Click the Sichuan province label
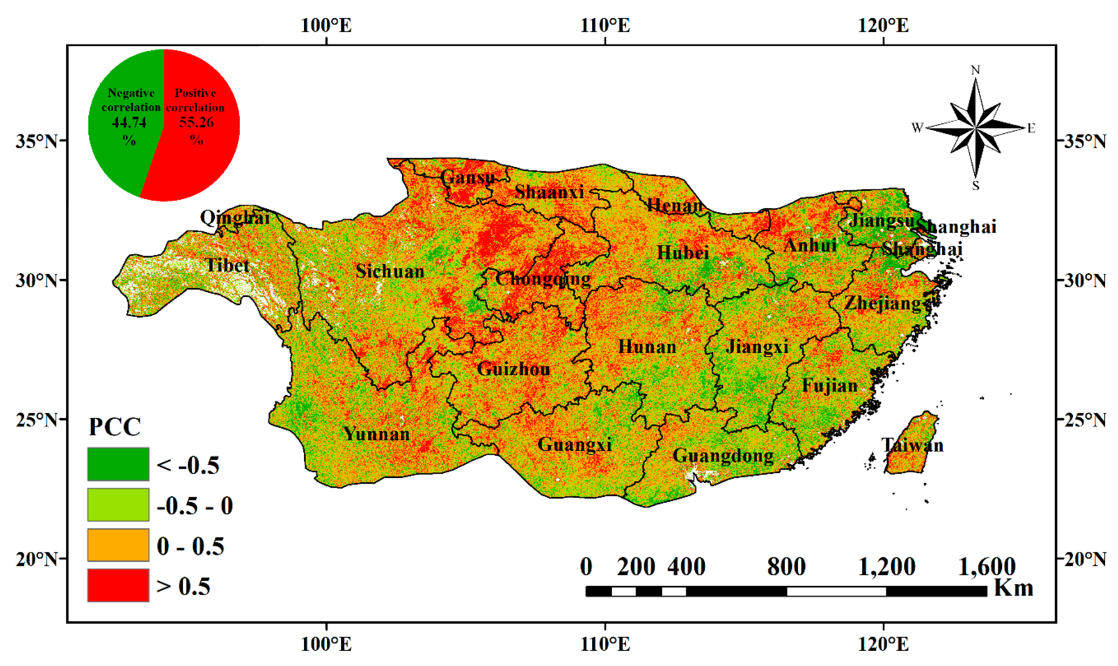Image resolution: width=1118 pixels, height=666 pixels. point(390,272)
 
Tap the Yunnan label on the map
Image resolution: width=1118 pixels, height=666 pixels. point(376,434)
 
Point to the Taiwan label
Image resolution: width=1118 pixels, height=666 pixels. point(912,445)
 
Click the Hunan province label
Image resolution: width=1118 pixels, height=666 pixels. point(647,347)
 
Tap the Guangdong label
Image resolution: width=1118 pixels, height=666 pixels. point(723,456)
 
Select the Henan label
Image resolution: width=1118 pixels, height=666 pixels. point(674,206)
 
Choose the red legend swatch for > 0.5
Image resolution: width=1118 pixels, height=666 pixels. point(118,585)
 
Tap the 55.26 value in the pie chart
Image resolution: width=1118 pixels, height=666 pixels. point(196,122)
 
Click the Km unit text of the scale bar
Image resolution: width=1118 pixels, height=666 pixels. point(1013,588)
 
